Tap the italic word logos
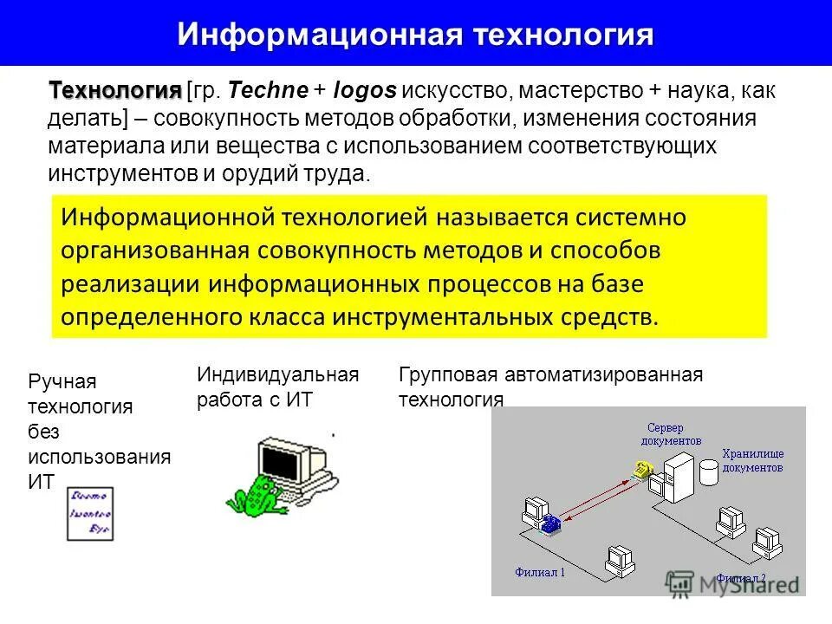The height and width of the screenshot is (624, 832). (x=365, y=89)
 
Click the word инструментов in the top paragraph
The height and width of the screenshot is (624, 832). (x=122, y=172)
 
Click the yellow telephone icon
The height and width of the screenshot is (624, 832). (x=641, y=470)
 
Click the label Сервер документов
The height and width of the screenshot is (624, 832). (x=671, y=434)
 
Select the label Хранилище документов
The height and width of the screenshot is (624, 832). (x=752, y=460)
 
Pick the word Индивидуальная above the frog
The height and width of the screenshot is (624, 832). (x=277, y=375)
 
